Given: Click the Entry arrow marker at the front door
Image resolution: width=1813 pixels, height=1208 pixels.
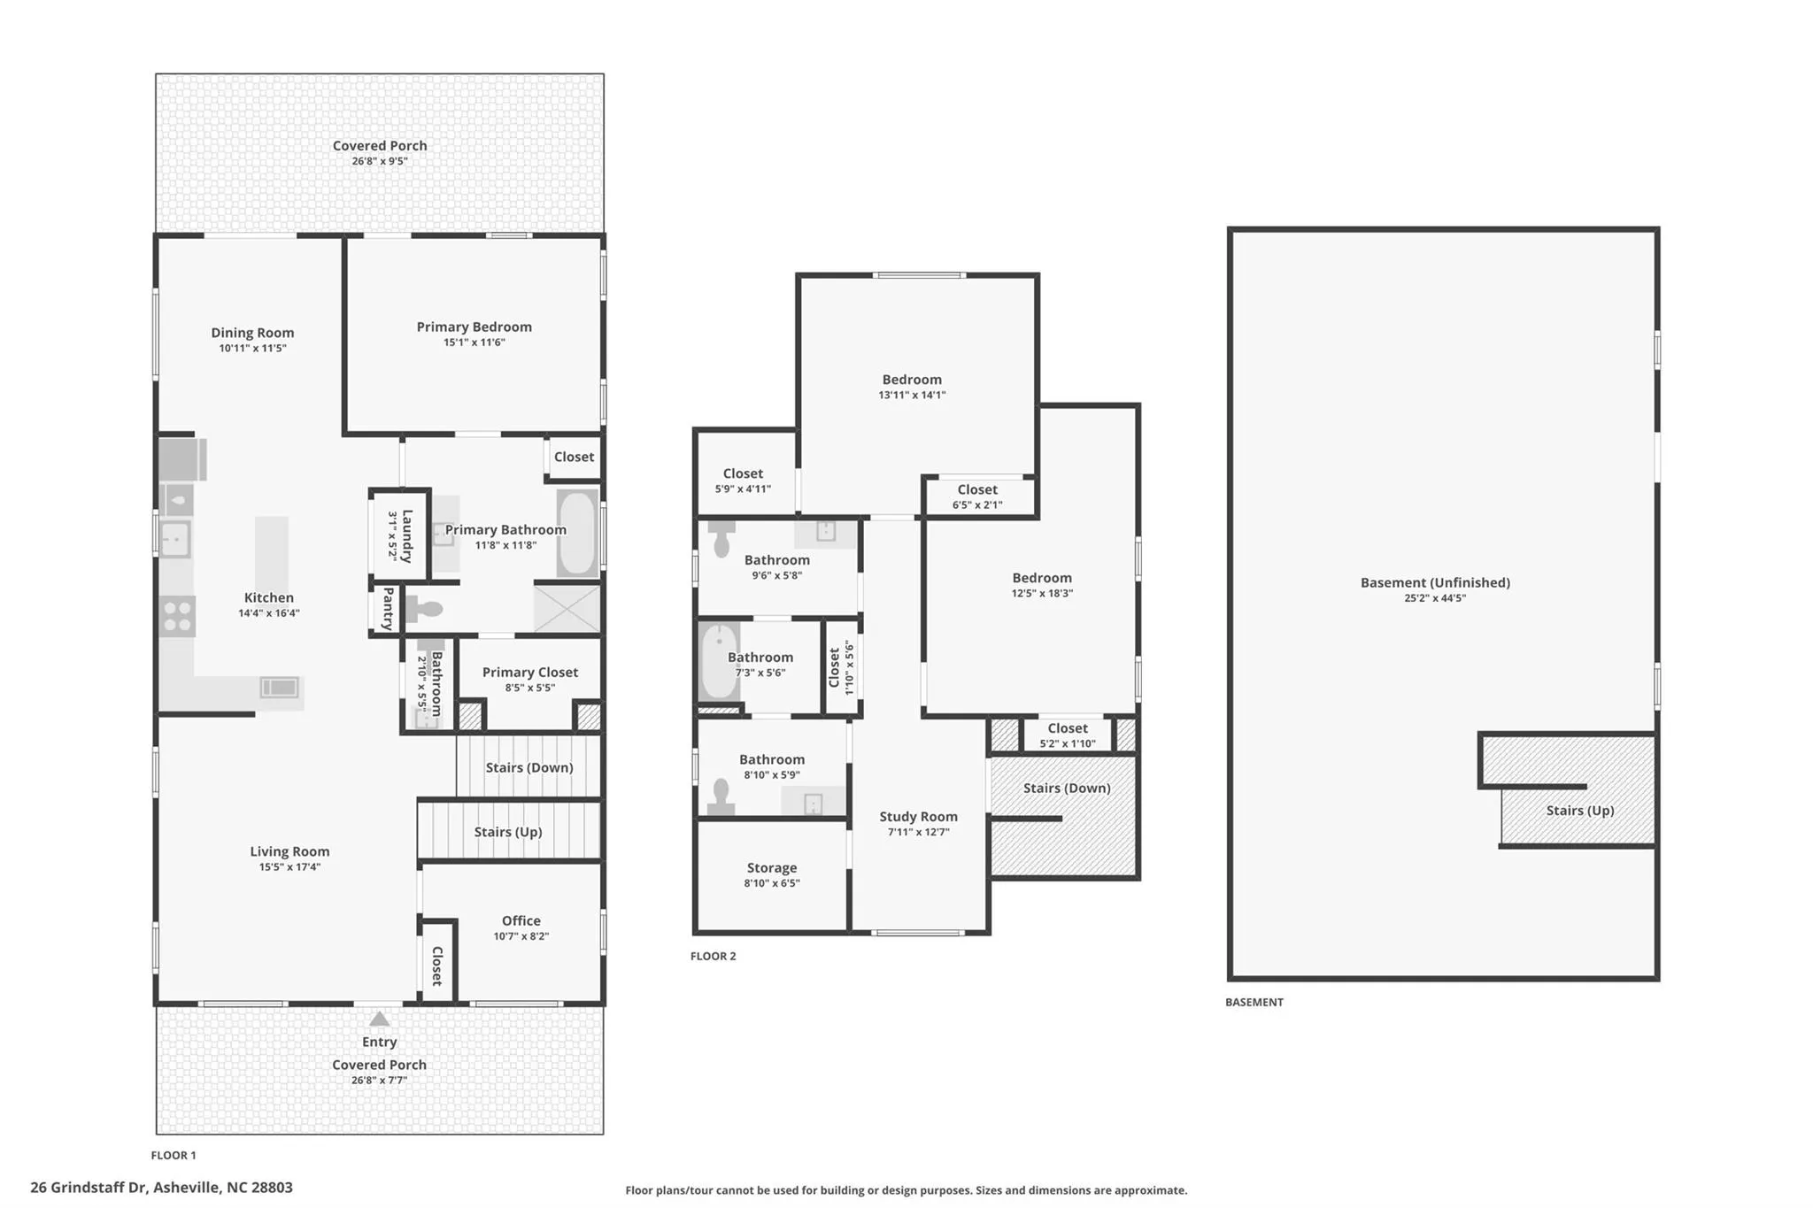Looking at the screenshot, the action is point(379,1019).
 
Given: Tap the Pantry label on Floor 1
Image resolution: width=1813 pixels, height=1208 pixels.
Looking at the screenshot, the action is point(388,609).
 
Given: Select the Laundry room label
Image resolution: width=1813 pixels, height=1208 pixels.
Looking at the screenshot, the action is point(407,536).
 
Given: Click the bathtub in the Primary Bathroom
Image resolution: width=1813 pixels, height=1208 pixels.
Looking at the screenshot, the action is point(577,534).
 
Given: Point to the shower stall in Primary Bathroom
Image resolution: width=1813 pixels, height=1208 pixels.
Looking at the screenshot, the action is point(567,607).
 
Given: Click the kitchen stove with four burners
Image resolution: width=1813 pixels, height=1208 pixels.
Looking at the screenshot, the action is point(177,616).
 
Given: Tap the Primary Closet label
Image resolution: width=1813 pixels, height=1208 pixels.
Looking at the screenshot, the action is point(530,673).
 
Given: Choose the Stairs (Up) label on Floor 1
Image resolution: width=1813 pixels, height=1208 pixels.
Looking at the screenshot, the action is point(508,832).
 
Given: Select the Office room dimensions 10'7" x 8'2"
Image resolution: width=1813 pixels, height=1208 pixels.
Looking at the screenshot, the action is point(521,936).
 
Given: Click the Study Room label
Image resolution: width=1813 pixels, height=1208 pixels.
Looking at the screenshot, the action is point(918,817).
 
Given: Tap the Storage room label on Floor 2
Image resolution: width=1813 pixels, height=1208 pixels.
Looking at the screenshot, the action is point(772,868).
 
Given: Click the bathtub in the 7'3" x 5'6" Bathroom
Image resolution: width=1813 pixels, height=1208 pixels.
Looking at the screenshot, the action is point(719,662).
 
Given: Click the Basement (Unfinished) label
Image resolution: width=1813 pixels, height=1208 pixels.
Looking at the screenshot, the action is point(1435,582).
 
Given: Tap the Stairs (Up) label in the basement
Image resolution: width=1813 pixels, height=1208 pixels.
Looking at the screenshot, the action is point(1580,811).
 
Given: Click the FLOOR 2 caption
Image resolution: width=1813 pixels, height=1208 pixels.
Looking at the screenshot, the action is point(714,956).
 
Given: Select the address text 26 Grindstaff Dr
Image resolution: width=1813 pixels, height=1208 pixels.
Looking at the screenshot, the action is point(89,1188).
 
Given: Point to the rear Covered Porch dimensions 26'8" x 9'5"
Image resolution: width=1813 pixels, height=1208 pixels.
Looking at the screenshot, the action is point(380,161).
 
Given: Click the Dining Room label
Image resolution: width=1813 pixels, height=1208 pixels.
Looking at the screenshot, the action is point(252,333).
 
